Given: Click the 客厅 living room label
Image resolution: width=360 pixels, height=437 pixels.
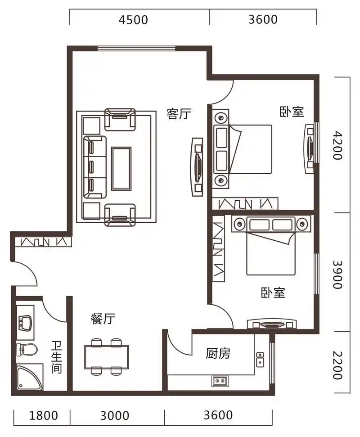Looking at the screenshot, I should pos(179,114).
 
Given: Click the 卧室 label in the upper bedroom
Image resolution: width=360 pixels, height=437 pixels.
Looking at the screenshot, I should pos(292,112).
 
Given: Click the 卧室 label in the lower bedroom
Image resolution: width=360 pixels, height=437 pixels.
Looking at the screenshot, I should pos(273,293).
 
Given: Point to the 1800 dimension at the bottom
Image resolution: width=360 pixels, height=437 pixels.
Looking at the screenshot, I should pos(43,415).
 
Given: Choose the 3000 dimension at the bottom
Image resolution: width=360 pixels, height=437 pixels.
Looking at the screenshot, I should pos(114,415).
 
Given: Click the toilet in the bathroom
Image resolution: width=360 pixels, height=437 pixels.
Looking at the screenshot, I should pos(26,349).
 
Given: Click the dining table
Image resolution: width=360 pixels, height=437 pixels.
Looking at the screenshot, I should pos(106,357).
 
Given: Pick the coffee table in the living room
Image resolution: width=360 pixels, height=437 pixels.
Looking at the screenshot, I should pos(121,168).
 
